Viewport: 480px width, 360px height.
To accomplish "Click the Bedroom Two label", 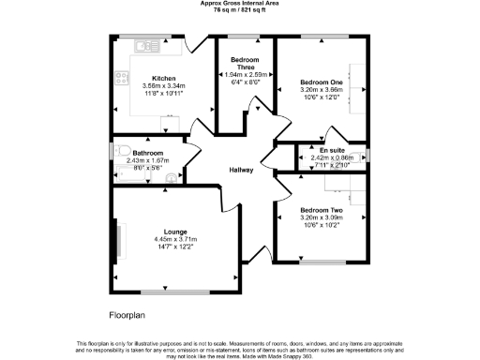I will pos(321,210).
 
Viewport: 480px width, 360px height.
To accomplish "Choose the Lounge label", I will pos(175,232).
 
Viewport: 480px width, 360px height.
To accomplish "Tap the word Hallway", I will pos(243,170).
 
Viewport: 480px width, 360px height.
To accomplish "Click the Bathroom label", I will pos(147,153).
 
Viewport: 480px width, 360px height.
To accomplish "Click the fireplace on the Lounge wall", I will pos(118,241).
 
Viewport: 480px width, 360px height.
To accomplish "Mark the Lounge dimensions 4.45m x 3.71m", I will pos(175,239).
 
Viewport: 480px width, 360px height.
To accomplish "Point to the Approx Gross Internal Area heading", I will pos(240,4).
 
